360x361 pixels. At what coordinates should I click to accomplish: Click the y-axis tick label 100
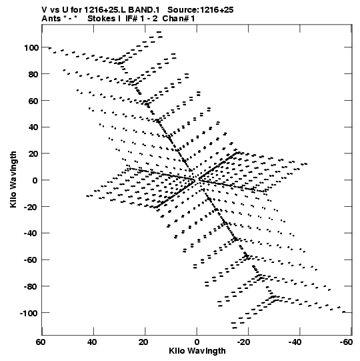pos(31,48)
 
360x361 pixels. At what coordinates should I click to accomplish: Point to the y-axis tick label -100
pos(29,314)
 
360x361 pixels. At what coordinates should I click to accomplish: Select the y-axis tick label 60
pos(33,101)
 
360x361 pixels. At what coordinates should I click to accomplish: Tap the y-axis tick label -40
pos(31,234)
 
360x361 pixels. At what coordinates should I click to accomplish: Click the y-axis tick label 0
pos(35,181)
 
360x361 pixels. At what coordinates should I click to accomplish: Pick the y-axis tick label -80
pos(31,287)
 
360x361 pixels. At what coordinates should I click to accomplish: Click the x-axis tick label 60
pos(41,342)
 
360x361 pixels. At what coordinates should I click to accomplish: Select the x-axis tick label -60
pos(346,342)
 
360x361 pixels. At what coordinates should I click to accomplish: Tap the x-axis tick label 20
pos(143,342)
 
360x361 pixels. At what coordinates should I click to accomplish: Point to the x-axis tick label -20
pos(243,342)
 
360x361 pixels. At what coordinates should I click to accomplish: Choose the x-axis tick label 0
pos(197,342)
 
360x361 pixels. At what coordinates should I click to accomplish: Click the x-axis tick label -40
pos(295,342)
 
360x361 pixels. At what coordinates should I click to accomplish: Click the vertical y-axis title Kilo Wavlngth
pos(13,179)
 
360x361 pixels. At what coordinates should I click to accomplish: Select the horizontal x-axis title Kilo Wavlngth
pos(197,351)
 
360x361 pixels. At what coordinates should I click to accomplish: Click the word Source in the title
pos(183,10)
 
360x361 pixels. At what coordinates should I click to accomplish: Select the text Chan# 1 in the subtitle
pos(179,19)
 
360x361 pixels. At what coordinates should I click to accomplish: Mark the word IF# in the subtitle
pos(131,19)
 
